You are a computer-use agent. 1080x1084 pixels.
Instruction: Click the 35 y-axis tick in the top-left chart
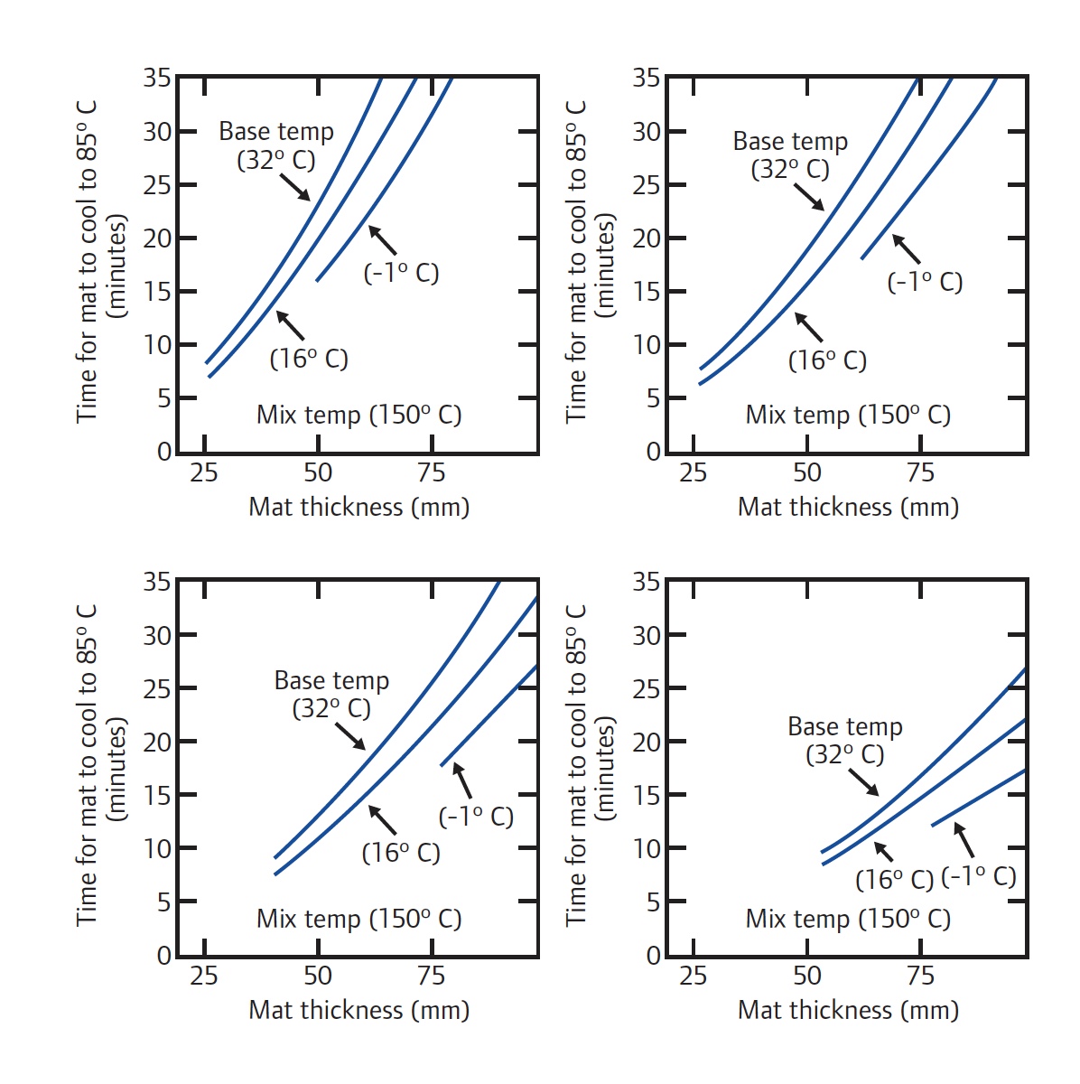156,79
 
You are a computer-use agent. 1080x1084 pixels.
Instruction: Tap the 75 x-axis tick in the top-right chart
920,472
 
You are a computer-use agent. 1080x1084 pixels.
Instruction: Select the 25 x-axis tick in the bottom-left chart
204,976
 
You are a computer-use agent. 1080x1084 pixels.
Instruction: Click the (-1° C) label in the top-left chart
401,273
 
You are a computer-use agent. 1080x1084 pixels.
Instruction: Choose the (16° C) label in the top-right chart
827,360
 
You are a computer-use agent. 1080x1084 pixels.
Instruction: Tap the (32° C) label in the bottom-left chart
331,709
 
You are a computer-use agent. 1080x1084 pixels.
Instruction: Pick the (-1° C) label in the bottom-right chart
979,876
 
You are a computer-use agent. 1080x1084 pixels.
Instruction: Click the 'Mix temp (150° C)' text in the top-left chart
358,415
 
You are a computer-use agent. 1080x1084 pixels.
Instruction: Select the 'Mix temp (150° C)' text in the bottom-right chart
848,919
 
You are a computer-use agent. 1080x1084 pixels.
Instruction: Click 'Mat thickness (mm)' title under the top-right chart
848,507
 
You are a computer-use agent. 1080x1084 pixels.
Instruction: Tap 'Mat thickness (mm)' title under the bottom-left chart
358,1010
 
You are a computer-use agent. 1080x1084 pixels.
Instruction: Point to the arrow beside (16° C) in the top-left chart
290,325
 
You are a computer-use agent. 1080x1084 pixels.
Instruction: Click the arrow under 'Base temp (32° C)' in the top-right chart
809,197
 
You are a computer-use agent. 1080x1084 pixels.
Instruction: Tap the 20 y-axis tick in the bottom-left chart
156,742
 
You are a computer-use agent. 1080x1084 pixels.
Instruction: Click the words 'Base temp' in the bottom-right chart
844,726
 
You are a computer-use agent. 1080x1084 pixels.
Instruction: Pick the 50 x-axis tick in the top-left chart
318,472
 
